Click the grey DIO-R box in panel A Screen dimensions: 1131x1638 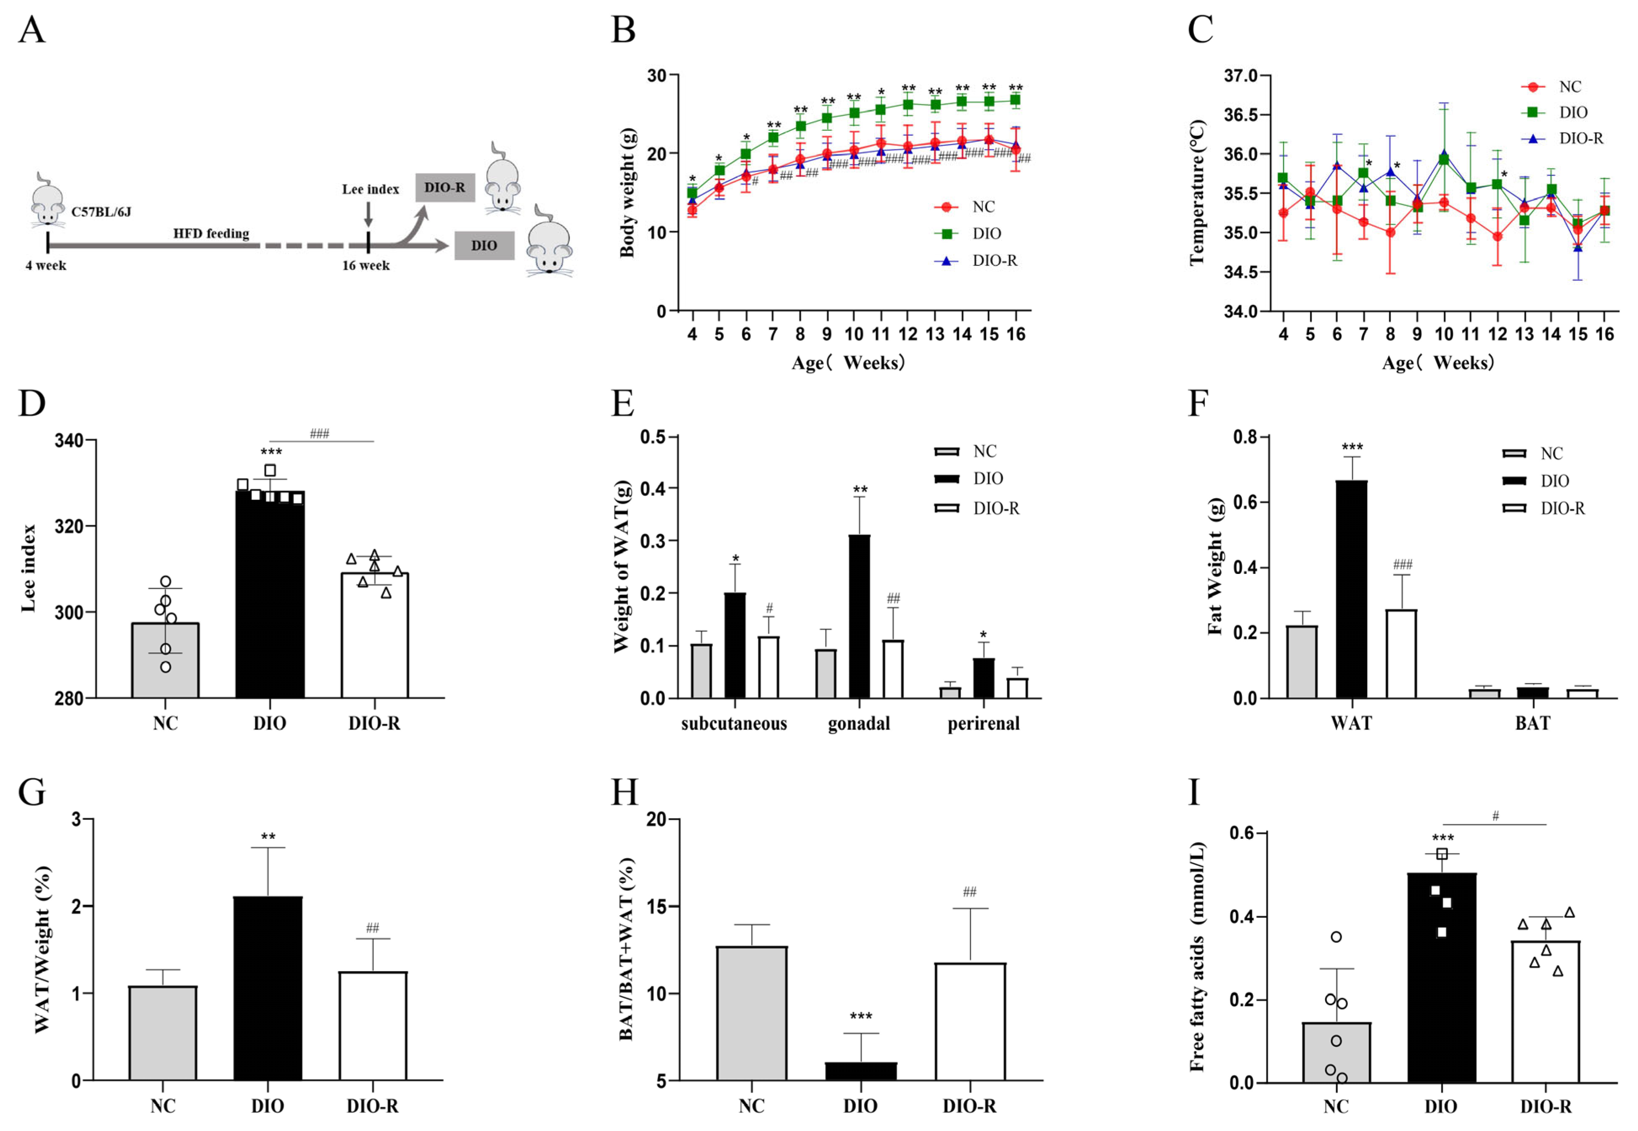click(445, 188)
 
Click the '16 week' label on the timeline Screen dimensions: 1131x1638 click(366, 266)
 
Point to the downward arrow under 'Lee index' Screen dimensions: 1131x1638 click(368, 213)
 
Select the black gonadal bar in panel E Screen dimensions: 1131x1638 click(859, 616)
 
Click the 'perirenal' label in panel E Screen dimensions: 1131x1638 click(983, 724)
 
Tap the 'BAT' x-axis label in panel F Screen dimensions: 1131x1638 click(1532, 724)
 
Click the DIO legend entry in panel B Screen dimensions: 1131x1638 click(986, 234)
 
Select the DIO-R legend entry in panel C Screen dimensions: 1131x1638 click(1580, 138)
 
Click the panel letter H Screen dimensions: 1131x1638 click(625, 792)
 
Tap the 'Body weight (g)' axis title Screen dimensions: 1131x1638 click(627, 193)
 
